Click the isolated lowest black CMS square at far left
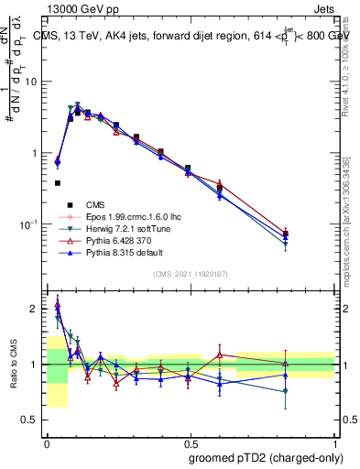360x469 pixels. point(58,183)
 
